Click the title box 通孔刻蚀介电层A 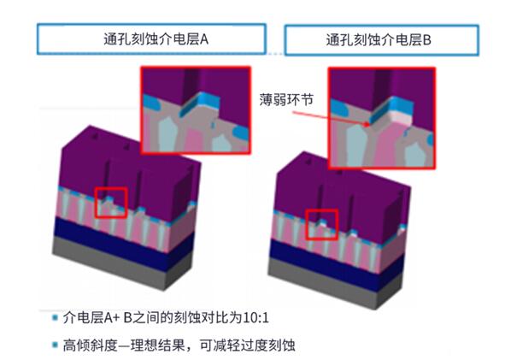[x=151, y=38]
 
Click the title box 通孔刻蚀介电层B [x=382, y=40]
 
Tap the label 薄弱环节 [x=286, y=99]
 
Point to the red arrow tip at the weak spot [x=369, y=124]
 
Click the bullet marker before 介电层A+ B [x=55, y=317]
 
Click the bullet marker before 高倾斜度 [x=55, y=345]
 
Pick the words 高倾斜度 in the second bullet [x=90, y=345]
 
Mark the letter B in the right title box [x=427, y=40]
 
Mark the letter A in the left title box [x=204, y=39]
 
